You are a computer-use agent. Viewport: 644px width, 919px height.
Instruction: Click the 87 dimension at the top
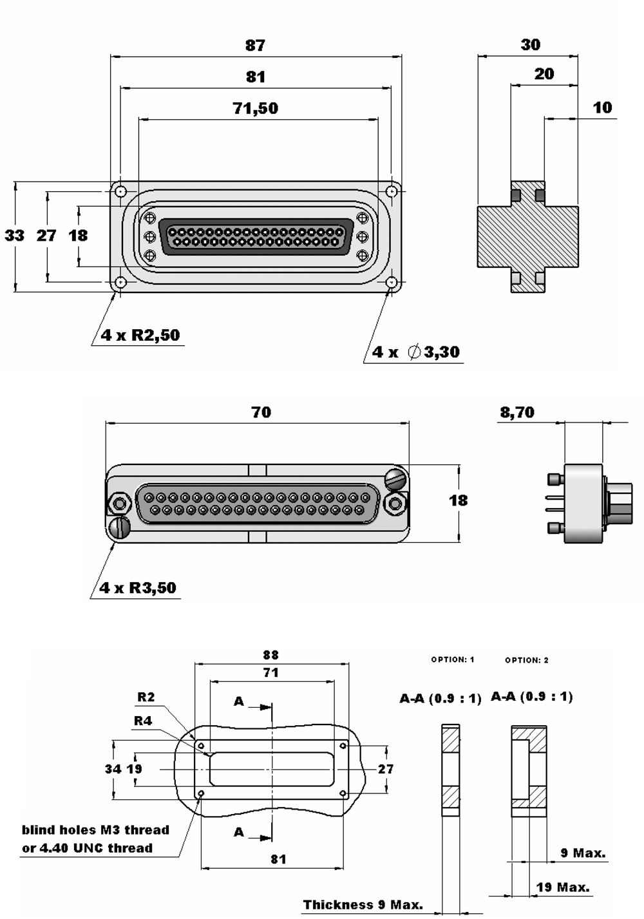coord(255,45)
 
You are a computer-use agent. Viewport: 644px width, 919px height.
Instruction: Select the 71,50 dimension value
coord(256,108)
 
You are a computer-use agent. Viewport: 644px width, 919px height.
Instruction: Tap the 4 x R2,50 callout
coord(140,336)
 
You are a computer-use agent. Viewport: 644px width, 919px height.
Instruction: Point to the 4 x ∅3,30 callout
coord(416,352)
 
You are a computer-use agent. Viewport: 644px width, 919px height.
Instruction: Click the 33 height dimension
coord(14,236)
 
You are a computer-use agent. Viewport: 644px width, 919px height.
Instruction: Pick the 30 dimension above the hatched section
coord(531,44)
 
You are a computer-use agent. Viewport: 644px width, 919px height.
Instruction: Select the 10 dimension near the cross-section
coord(602,108)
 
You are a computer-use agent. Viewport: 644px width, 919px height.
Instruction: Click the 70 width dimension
coord(261,412)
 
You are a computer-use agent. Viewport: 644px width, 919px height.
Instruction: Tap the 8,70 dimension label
coord(517,412)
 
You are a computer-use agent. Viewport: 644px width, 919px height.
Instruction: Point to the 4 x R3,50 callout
coord(138,588)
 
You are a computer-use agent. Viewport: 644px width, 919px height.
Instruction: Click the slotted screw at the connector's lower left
coord(120,528)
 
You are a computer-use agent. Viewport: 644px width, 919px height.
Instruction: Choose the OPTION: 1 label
coord(453,659)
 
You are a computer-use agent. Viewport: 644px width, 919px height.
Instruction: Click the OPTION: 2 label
coord(527,660)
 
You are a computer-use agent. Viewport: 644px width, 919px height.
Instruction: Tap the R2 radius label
coord(146,697)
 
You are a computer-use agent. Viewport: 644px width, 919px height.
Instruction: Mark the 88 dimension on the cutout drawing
coord(270,655)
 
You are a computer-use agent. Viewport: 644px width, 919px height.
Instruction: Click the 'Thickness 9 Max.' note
coord(363,905)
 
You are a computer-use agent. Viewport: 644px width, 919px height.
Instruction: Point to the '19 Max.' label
coord(563,887)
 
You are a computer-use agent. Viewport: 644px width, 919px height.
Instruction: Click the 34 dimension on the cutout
coord(113,769)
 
